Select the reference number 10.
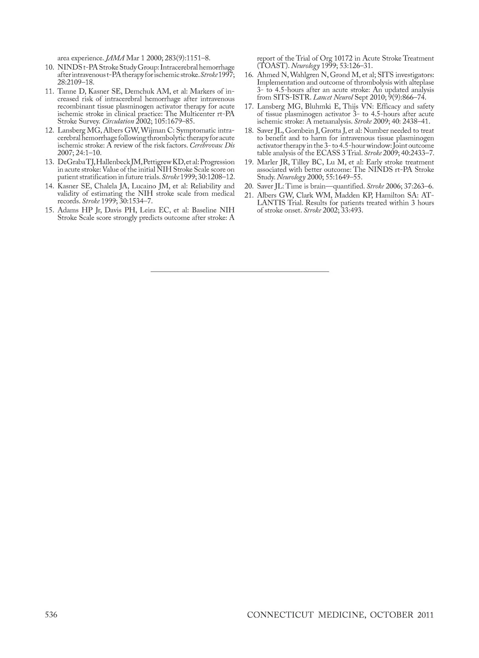click(x=50, y=67)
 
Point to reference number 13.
click(x=50, y=162)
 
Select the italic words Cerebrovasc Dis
click(x=212, y=146)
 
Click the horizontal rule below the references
click(x=239, y=271)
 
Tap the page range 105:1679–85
click(x=176, y=121)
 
